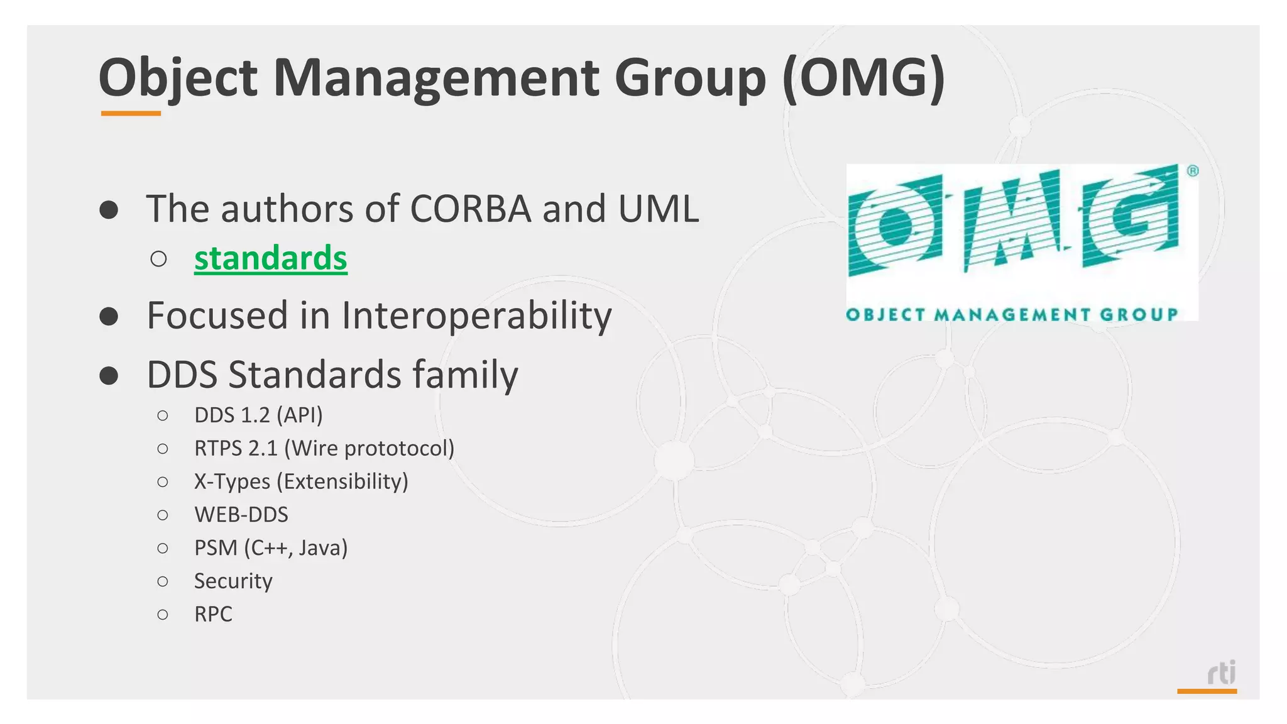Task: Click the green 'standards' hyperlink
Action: [x=270, y=258]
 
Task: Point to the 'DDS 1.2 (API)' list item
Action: [x=258, y=415]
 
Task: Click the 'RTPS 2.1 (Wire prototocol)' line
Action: [x=324, y=448]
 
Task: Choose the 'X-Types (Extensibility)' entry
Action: [x=301, y=481]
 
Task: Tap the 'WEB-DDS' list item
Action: [x=241, y=515]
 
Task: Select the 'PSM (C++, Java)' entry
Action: [x=271, y=548]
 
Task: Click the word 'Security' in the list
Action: [x=233, y=581]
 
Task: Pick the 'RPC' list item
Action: [x=213, y=614]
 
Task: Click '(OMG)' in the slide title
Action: [x=863, y=78]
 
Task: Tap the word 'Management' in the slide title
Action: [x=436, y=78]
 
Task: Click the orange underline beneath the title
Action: [x=131, y=114]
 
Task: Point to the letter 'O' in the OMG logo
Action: [x=895, y=226]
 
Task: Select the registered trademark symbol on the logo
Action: [x=1192, y=171]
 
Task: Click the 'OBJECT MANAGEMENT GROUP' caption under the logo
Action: [x=1012, y=314]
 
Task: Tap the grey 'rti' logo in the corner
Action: [x=1221, y=673]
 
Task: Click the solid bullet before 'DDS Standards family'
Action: [x=109, y=375]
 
